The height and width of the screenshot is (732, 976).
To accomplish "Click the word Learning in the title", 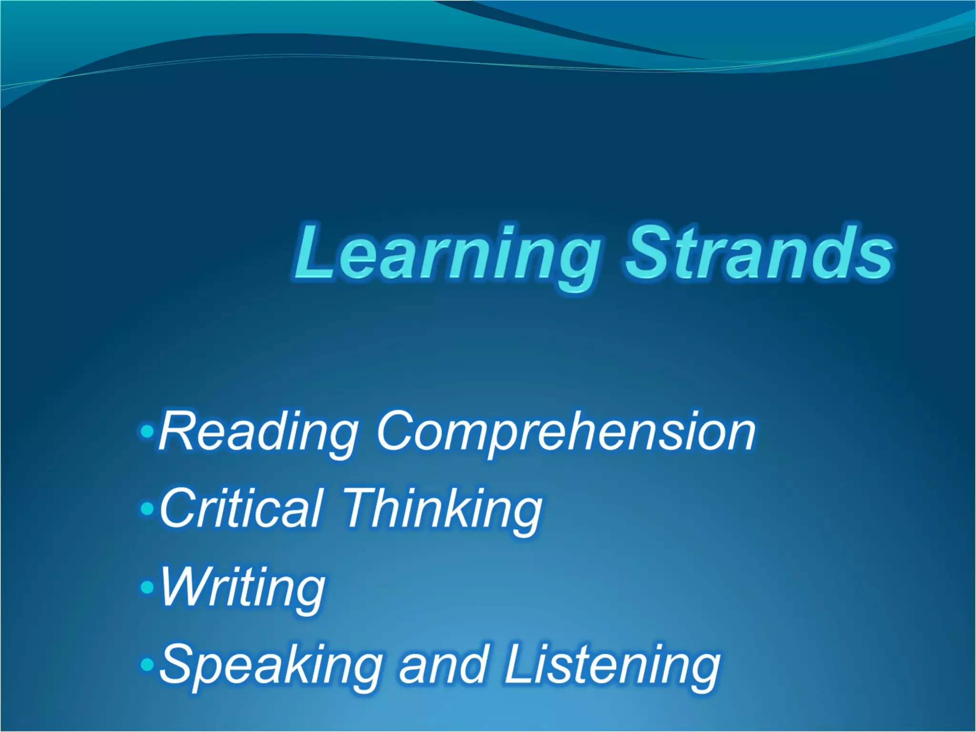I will (x=446, y=255).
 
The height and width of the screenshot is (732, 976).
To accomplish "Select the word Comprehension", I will (x=566, y=433).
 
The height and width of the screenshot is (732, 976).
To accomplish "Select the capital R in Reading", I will (x=177, y=432).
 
